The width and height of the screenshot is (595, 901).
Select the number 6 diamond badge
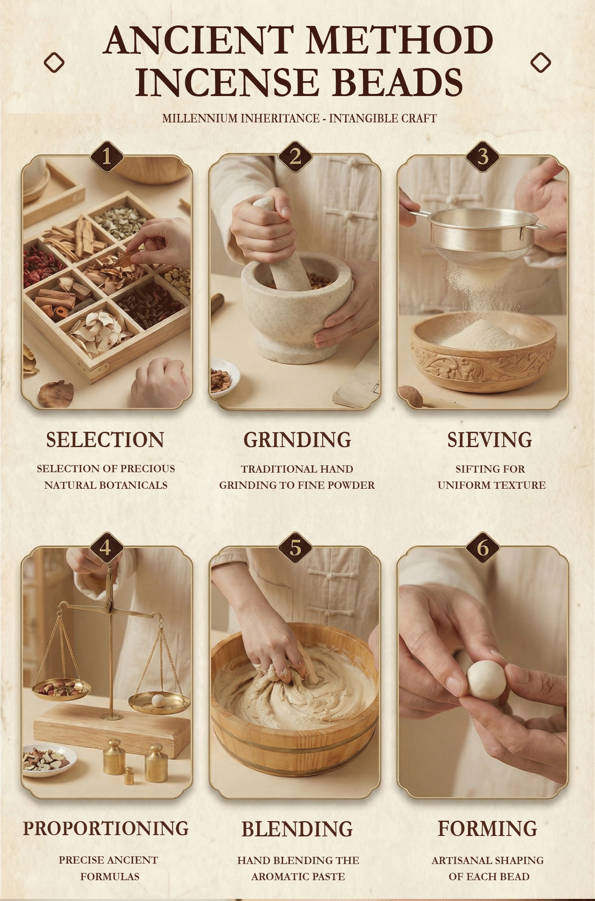click(483, 548)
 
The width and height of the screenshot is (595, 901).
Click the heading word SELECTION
click(105, 440)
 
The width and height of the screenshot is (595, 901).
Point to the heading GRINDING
click(297, 440)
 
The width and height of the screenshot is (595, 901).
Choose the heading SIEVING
click(490, 440)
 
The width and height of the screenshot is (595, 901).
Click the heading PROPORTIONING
click(106, 828)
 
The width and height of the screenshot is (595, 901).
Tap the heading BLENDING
click(297, 829)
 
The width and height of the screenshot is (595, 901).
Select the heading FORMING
click(487, 828)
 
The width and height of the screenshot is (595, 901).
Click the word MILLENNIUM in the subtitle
click(201, 118)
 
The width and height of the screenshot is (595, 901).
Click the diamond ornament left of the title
click(54, 63)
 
